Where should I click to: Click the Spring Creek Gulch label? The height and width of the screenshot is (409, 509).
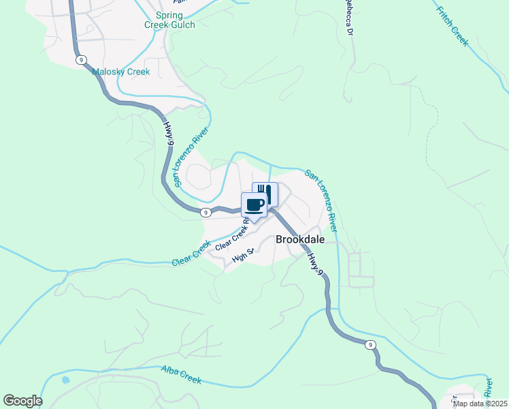(169, 20)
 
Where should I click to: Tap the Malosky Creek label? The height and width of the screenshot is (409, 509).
(120, 72)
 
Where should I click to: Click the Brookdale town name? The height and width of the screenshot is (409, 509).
(299, 240)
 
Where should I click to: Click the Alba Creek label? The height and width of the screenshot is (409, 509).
(181, 375)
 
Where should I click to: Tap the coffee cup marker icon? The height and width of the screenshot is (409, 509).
(255, 204)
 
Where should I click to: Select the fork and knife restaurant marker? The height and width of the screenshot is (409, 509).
(265, 194)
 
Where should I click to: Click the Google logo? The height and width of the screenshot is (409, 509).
(22, 401)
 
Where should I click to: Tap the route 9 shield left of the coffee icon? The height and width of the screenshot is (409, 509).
(206, 213)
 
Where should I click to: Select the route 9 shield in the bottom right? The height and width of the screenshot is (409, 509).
(370, 345)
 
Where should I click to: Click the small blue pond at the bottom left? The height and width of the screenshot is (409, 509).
(65, 379)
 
